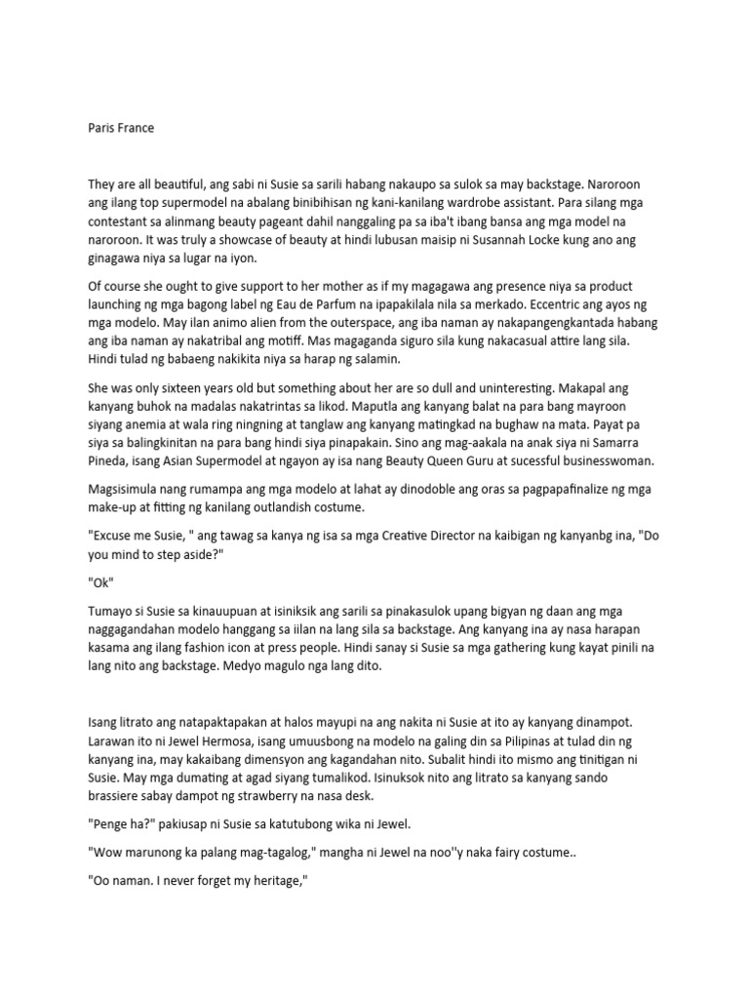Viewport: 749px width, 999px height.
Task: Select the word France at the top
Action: (x=135, y=128)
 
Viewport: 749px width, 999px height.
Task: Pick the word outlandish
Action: (x=336, y=506)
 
